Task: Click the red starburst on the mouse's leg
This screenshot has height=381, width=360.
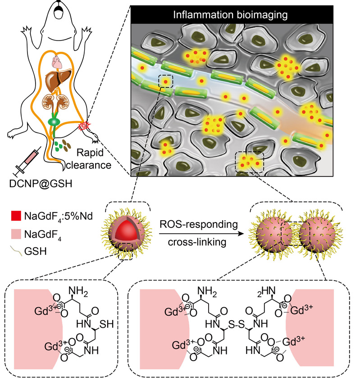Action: tap(84, 126)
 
